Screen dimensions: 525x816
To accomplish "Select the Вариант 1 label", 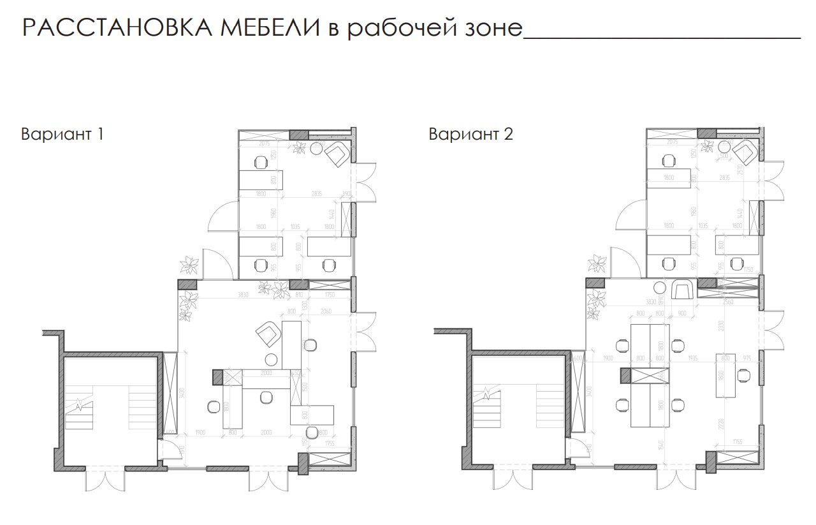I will tap(62, 135).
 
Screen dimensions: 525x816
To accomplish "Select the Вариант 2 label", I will tap(470, 135).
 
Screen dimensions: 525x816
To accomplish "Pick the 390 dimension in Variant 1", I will tap(347, 193).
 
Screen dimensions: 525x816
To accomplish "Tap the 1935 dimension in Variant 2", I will tap(692, 359).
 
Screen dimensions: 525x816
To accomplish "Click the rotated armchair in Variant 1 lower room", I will tap(266, 333).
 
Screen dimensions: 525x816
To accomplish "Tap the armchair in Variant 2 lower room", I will tap(682, 290).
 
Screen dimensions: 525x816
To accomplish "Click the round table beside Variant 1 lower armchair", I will tap(272, 358).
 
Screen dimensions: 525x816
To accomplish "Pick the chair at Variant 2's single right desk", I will tap(743, 376).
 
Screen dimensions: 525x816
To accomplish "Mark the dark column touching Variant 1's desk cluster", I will tap(217, 377).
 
